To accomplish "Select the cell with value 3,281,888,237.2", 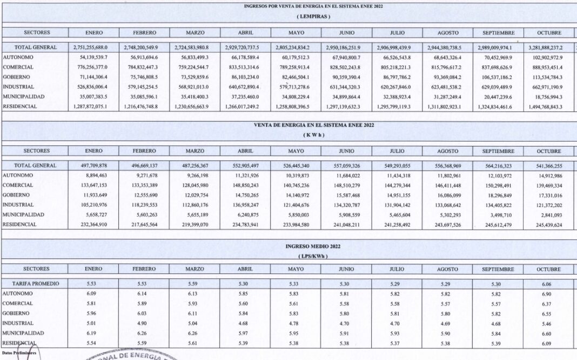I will pyautogui.click(x=549, y=48).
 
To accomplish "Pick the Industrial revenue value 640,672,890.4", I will pyautogui.click(x=245, y=87).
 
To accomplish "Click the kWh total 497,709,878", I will pyautogui.click(x=93, y=165).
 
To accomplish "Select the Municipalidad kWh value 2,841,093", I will pyautogui.click(x=549, y=215).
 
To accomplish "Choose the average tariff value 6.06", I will pyautogui.click(x=549, y=284).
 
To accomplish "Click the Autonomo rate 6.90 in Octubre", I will pyautogui.click(x=549, y=294).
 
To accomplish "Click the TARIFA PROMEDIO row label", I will pyautogui.click(x=36, y=284).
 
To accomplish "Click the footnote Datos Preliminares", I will pyautogui.click(x=19, y=352).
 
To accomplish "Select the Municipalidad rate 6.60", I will pyautogui.click(x=549, y=333).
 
